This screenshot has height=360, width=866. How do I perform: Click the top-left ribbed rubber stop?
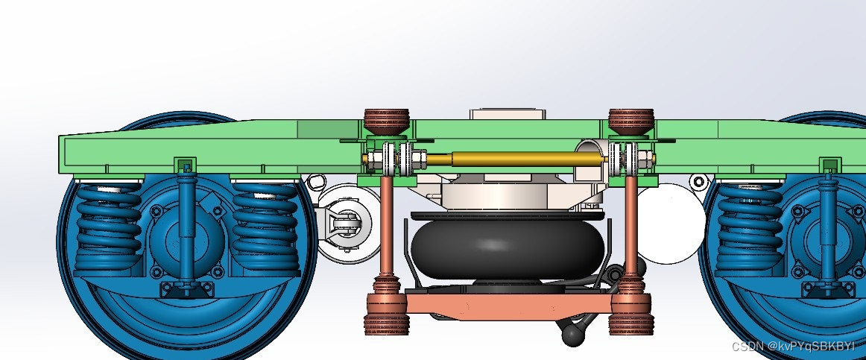[x=387, y=122]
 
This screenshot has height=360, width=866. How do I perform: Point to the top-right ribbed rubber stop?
[x=631, y=122]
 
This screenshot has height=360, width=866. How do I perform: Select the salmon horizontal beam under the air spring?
[x=508, y=306]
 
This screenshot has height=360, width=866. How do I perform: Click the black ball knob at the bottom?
[x=572, y=335]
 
